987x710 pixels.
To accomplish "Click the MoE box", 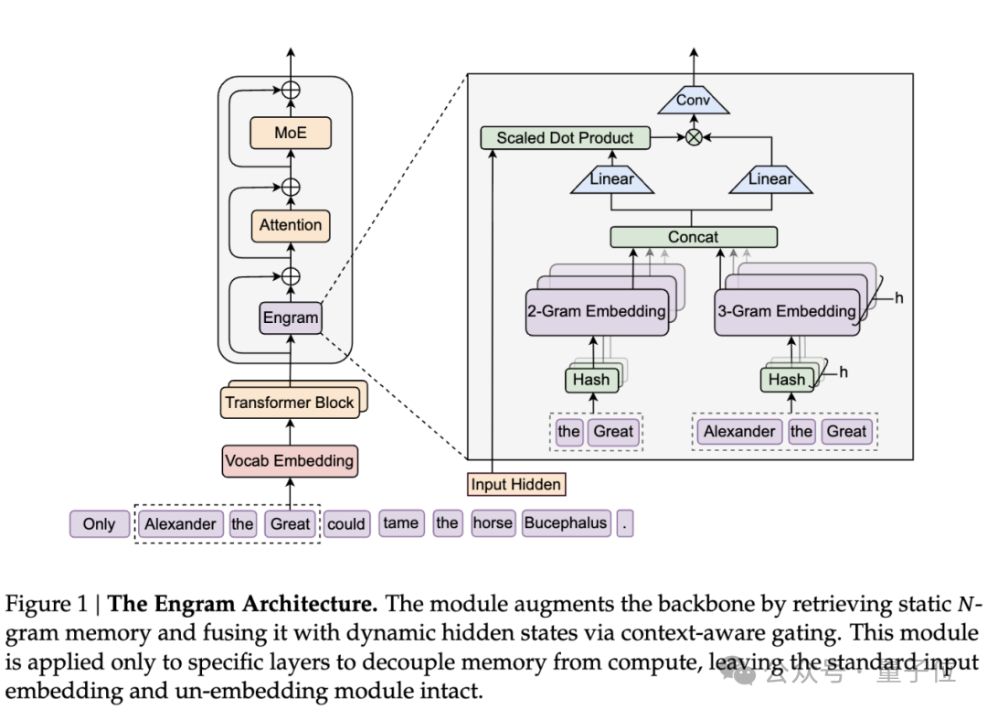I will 291,133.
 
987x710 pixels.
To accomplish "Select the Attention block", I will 291,225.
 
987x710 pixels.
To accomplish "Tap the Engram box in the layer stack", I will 291,318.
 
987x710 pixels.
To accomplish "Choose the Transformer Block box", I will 290,403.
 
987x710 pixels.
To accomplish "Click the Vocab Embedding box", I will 290,461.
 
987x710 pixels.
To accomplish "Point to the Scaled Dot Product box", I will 565,138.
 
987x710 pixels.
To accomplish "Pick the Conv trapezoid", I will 693,101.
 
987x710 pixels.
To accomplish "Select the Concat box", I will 693,237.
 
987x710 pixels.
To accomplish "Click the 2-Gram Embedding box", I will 596,311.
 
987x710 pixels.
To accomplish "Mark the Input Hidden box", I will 515,484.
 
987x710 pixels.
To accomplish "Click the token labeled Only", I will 99,524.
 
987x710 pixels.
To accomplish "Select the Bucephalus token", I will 566,523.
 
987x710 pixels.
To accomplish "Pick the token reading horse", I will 493,523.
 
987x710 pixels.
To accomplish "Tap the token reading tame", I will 400,523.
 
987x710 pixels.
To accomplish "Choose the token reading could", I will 346,524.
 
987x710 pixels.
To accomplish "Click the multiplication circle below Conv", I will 694,138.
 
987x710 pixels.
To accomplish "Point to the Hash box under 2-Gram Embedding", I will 591,380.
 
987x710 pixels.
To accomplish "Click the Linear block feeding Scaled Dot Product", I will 611,180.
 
